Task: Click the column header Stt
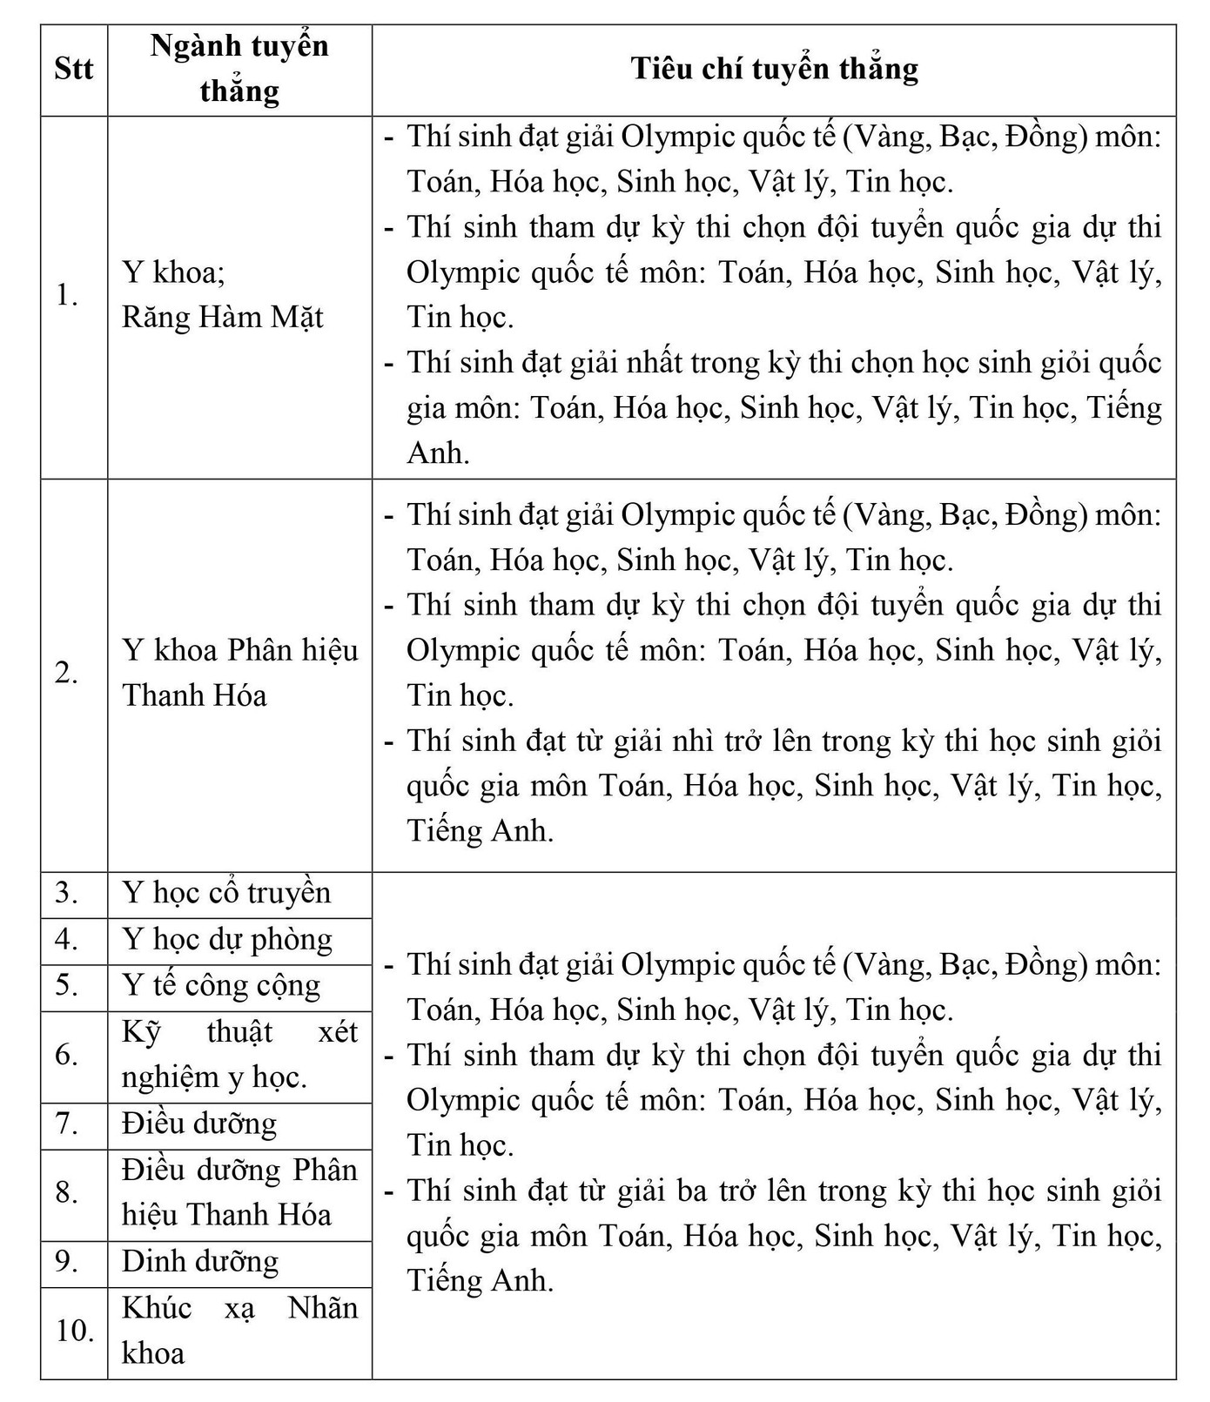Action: (74, 69)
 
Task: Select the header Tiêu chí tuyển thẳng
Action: (774, 69)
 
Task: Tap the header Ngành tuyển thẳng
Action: (239, 69)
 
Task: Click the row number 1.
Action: (67, 296)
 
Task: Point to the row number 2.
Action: (67, 673)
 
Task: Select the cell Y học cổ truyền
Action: (226, 894)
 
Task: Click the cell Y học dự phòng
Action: (227, 940)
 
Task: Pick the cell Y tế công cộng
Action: (221, 986)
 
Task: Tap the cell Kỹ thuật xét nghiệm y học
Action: (239, 1055)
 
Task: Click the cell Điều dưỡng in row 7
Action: (199, 1124)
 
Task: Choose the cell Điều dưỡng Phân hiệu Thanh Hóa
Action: (239, 1192)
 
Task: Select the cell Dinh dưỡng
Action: (200, 1262)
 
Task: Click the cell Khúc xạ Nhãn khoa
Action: (239, 1331)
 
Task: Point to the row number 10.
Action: (75, 1332)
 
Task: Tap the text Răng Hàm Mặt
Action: (222, 318)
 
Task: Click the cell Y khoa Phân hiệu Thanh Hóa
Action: (239, 673)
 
